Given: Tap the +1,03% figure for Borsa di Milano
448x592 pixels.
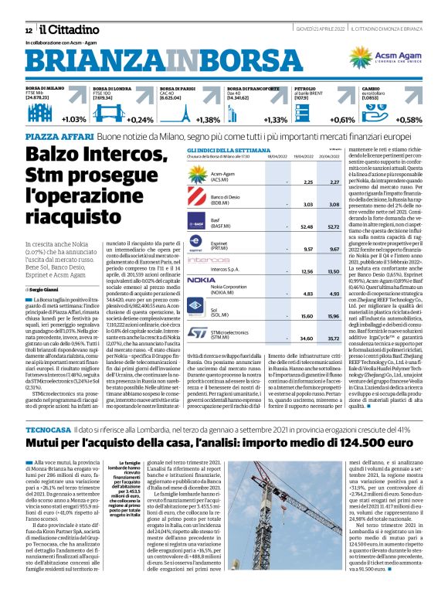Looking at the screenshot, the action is [73, 120].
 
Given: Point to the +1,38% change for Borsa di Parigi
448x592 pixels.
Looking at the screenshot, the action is [207, 120].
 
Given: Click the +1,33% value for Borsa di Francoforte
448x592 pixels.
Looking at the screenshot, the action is [275, 120].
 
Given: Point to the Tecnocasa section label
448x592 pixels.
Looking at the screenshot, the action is [49, 406].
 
